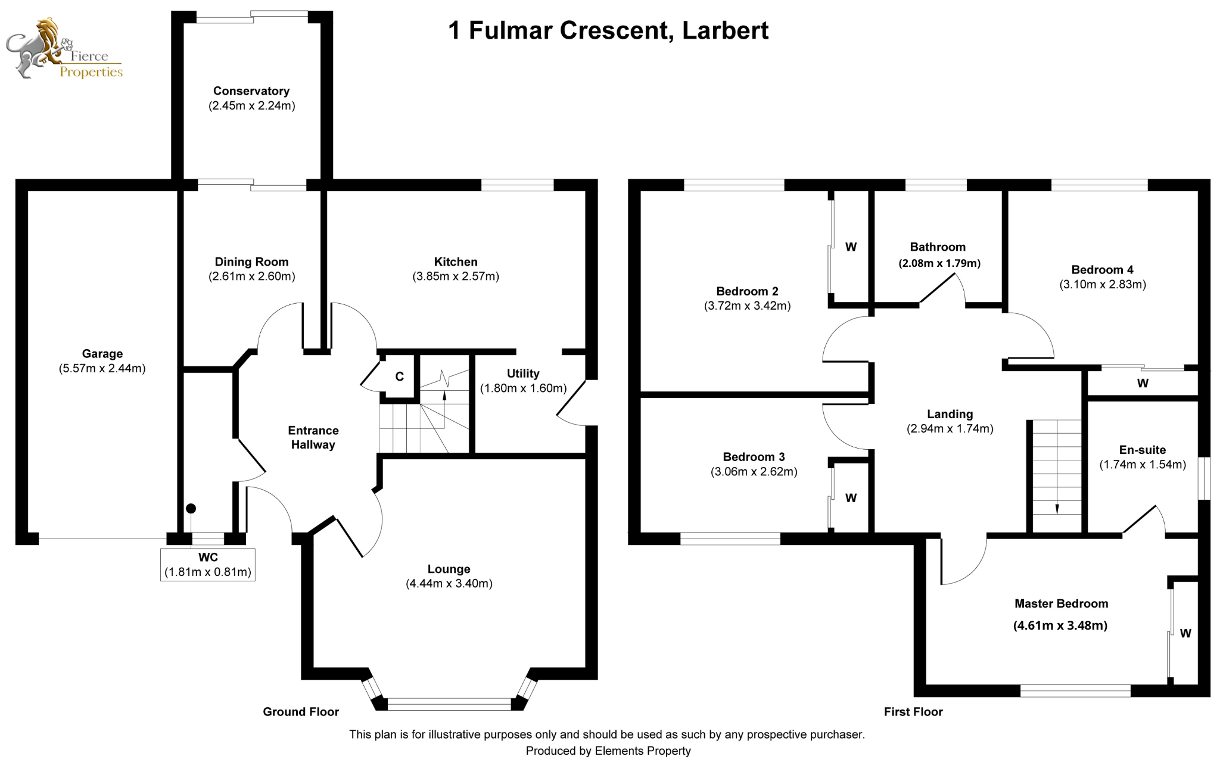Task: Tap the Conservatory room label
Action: click(251, 91)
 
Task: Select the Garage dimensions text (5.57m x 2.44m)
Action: click(102, 368)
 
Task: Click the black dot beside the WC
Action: click(191, 508)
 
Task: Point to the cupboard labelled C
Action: click(400, 376)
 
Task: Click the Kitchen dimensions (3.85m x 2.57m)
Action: click(456, 276)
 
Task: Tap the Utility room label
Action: click(523, 373)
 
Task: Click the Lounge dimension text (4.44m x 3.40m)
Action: click(449, 584)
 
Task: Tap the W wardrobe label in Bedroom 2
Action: click(851, 247)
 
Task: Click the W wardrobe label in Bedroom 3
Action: click(851, 498)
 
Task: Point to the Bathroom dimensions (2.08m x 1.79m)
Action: click(939, 263)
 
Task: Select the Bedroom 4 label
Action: click(1102, 270)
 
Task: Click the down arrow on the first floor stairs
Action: click(1057, 508)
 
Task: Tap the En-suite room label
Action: click(1142, 450)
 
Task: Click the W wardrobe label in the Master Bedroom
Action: click(1185, 633)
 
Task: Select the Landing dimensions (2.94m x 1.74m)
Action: click(950, 429)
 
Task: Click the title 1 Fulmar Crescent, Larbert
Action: click(608, 31)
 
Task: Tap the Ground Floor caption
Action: click(301, 712)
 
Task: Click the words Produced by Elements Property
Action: click(608, 751)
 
